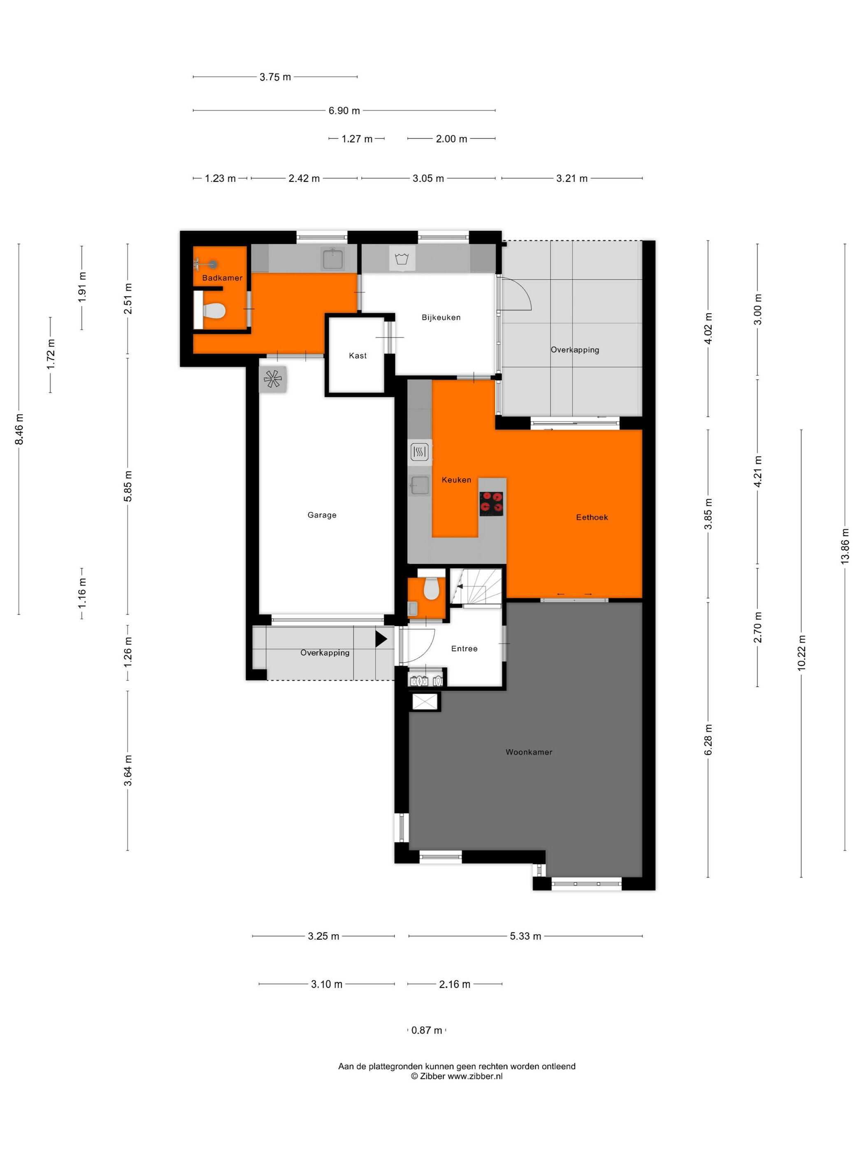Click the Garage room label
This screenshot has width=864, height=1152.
[x=322, y=515]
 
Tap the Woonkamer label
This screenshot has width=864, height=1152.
[x=529, y=752]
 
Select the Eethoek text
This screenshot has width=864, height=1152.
[x=592, y=517]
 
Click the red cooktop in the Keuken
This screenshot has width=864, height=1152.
[x=491, y=504]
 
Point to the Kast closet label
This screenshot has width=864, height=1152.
[x=358, y=356]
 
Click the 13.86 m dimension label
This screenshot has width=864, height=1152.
[x=845, y=546]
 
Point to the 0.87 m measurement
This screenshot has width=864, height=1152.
[x=427, y=1030]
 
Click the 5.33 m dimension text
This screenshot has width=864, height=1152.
[x=525, y=936]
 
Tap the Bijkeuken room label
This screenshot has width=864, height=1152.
[x=441, y=317]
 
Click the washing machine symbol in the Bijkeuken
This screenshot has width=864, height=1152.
[x=402, y=258]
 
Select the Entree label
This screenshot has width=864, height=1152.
[x=464, y=648]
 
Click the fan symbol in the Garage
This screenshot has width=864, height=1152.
[x=272, y=379]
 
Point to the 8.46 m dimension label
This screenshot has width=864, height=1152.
[x=19, y=429]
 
